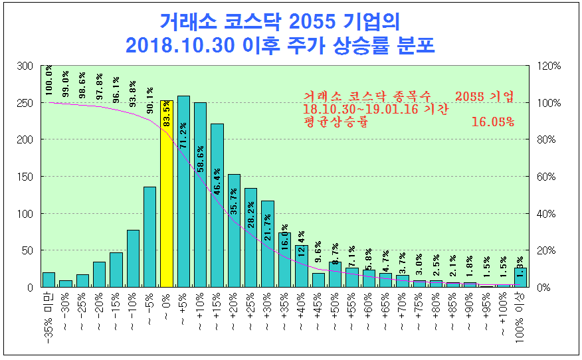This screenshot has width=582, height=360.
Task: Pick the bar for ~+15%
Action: point(217,205)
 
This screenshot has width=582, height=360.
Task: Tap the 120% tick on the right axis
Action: point(549,66)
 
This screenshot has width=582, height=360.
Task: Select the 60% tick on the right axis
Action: point(547,177)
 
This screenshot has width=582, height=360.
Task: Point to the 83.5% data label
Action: point(167,114)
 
